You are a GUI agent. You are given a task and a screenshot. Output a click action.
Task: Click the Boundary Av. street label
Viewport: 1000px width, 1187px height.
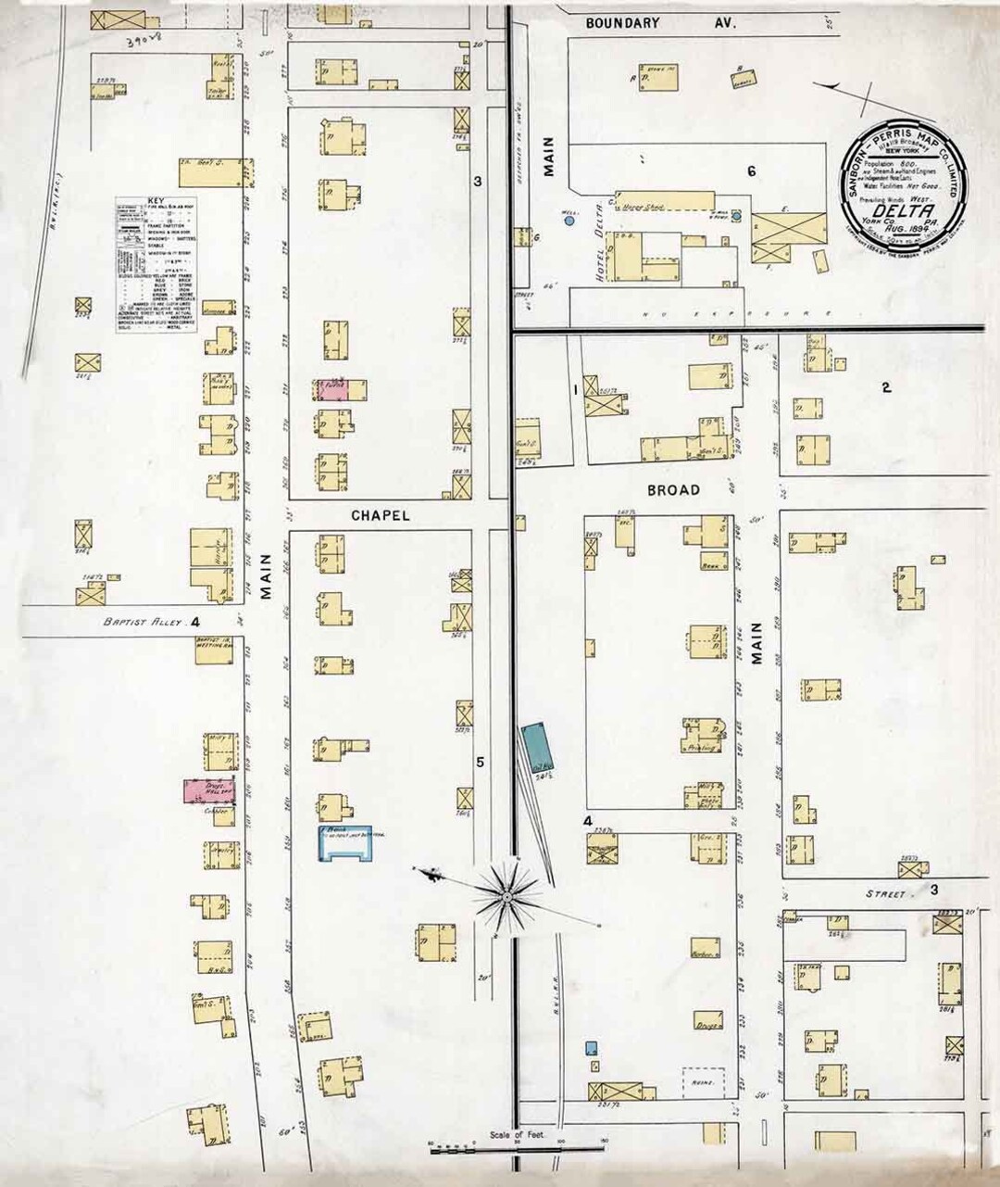(661, 22)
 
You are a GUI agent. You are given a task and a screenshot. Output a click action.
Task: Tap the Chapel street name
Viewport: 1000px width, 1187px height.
(380, 515)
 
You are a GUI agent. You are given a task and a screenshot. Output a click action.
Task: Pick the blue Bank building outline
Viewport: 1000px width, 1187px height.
(345, 841)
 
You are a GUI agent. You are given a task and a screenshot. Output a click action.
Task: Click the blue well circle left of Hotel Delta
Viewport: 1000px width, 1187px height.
(569, 221)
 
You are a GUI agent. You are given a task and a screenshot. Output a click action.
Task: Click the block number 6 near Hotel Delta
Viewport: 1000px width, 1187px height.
(752, 170)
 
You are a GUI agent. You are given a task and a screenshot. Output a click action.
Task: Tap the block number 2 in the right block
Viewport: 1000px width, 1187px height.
(886, 388)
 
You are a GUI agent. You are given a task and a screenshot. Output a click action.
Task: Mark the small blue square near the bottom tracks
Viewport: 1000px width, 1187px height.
(591, 1048)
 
